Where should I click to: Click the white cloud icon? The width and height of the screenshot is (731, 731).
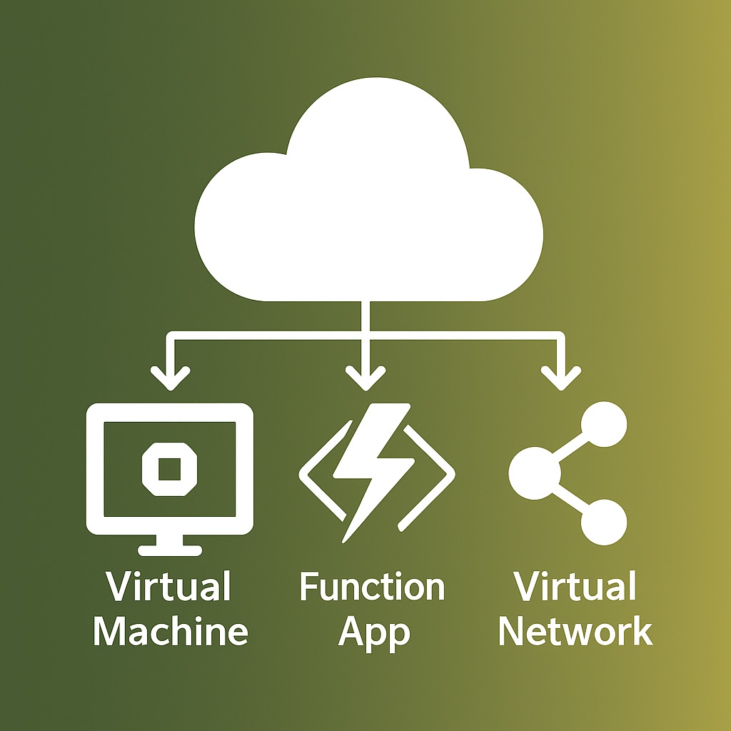tap(368, 214)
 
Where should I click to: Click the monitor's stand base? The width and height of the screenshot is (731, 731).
tap(169, 549)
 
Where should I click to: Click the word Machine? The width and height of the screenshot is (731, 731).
tap(171, 631)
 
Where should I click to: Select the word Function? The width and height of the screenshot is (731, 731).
tap(372, 588)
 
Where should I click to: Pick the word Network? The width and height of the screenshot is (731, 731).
tap(575, 631)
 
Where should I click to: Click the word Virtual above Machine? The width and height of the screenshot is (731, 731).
tap(169, 587)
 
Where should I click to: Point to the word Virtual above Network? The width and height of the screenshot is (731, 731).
tap(575, 587)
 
